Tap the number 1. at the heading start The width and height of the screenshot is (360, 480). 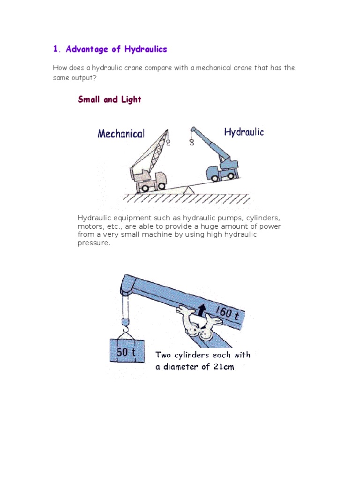(57, 49)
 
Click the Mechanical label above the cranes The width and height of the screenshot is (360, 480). (121, 134)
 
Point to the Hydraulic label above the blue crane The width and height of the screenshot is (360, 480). (244, 132)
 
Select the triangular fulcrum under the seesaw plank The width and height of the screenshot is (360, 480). (187, 189)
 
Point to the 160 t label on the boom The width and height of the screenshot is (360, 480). (228, 312)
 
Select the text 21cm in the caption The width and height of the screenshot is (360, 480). (224, 367)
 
